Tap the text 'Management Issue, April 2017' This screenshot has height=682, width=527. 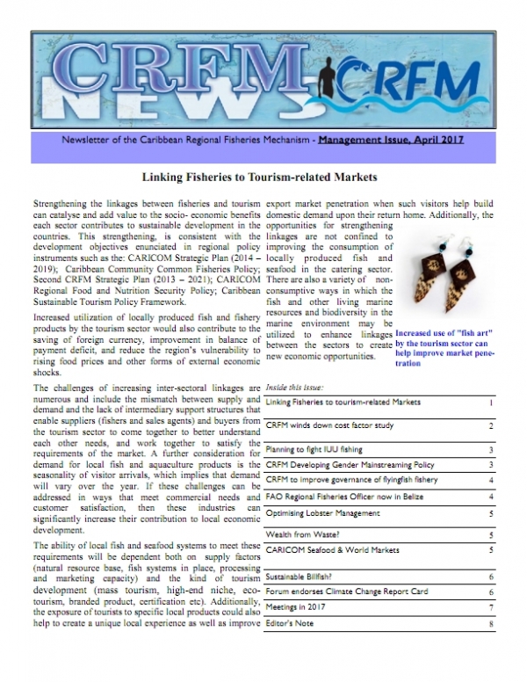coord(393,140)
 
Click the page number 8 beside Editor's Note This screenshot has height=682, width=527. coord(492,624)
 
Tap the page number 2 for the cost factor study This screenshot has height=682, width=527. coord(492,425)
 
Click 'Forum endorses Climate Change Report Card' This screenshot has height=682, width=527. coord(348,592)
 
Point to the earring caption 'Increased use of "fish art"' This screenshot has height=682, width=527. coord(447,335)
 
